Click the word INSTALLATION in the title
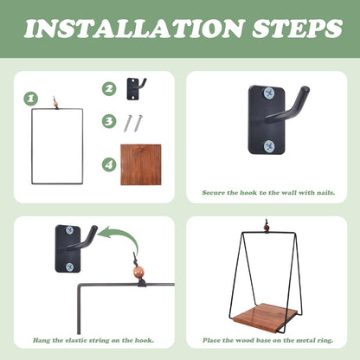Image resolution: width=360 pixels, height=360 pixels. [133, 29]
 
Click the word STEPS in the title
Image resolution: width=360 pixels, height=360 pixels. [298, 29]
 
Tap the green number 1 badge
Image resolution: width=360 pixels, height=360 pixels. [31, 99]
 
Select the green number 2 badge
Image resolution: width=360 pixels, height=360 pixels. [109, 88]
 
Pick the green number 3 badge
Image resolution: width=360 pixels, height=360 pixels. [109, 121]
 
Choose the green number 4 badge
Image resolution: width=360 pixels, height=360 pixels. [109, 165]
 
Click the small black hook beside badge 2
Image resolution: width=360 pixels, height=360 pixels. [137, 89]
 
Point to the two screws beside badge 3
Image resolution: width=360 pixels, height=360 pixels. [133, 123]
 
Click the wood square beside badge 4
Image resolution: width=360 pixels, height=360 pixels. [141, 164]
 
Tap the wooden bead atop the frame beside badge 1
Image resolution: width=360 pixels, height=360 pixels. [56, 104]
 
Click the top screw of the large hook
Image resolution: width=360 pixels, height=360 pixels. [270, 93]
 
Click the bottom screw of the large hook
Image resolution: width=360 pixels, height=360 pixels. [270, 146]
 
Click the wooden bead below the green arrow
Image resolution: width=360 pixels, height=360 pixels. [138, 272]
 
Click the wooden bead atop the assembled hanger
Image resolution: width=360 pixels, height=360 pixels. [267, 228]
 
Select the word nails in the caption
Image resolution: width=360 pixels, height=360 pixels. [325, 192]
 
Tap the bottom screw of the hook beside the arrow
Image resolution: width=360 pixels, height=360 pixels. [70, 267]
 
